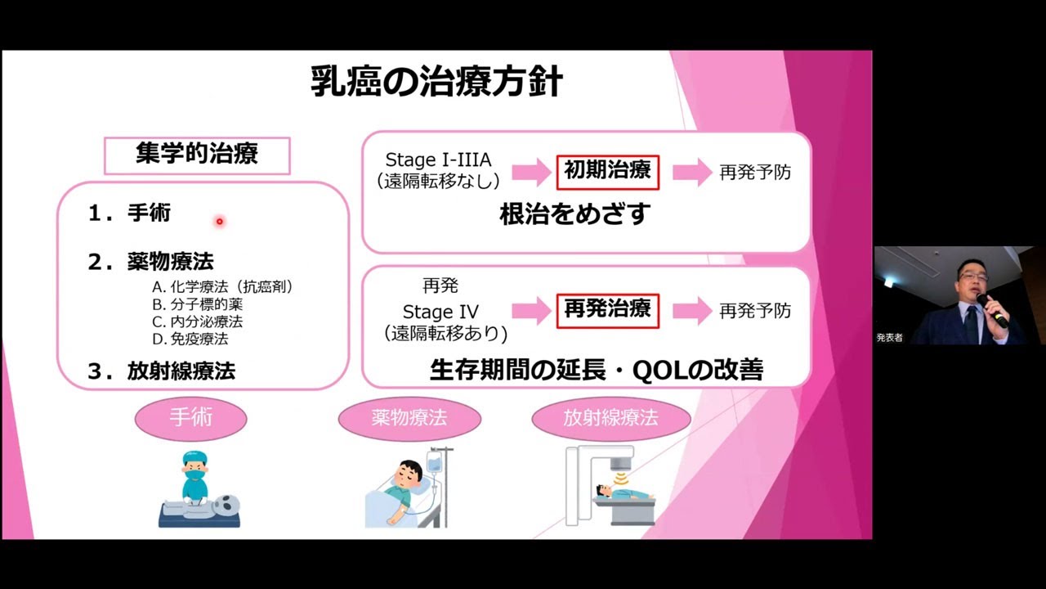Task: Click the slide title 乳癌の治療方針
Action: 436,82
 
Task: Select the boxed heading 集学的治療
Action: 197,155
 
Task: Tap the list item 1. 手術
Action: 130,214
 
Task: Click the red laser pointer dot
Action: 219,221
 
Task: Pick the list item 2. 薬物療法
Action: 151,262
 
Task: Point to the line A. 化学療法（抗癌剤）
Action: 222,287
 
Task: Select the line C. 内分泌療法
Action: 197,321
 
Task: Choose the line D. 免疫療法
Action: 190,339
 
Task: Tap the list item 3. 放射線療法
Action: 162,371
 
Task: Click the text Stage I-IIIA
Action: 438,160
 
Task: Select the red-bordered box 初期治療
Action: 607,171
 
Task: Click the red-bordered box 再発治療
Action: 607,309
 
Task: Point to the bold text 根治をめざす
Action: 574,214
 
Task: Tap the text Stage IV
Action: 440,312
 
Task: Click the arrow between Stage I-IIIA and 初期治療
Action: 531,172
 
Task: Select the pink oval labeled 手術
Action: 190,418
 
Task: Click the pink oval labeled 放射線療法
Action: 610,419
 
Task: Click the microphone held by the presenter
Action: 991,308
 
